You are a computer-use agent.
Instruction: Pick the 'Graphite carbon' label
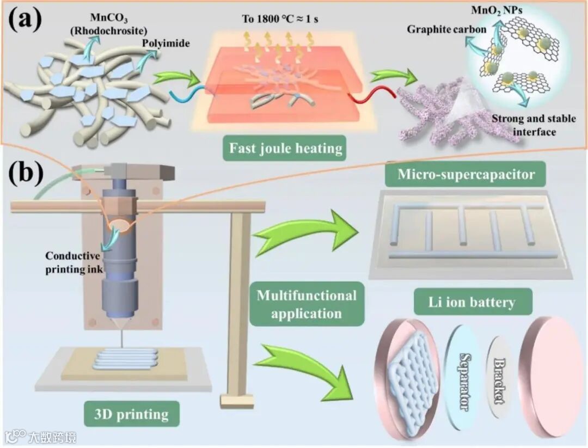pyautogui.click(x=439, y=30)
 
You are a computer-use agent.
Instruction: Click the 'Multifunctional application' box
pyautogui.click(x=307, y=304)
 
